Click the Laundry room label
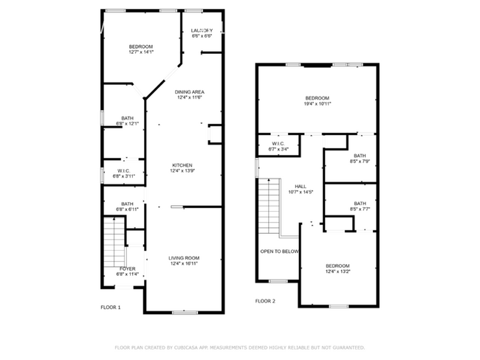pyautogui.click(x=202, y=30)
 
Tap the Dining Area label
pyautogui.click(x=189, y=91)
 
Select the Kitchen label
pyautogui.click(x=182, y=165)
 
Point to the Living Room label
pyautogui.click(x=184, y=258)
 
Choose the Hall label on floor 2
pyautogui.click(x=301, y=187)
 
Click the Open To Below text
pyautogui.click(x=279, y=252)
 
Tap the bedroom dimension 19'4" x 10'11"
pyautogui.click(x=318, y=104)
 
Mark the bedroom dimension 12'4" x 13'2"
pyautogui.click(x=338, y=271)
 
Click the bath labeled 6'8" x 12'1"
pyautogui.click(x=128, y=123)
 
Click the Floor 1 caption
pyautogui.click(x=111, y=308)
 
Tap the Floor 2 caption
pyautogui.click(x=265, y=302)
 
